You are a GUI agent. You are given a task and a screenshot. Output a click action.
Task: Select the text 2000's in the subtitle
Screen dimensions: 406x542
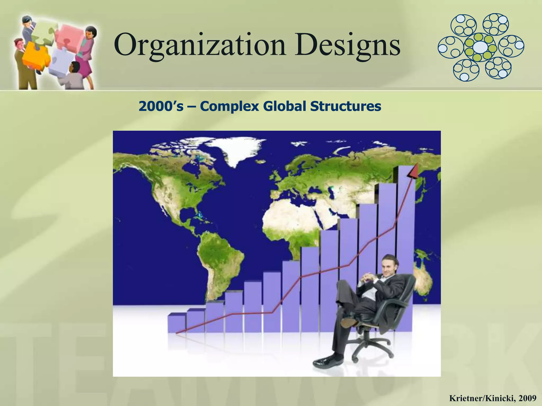coord(161,107)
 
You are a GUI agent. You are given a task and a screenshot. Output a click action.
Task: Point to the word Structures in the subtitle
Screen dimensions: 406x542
coord(346,107)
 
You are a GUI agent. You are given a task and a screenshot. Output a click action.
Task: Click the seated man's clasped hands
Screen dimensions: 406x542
coord(368,278)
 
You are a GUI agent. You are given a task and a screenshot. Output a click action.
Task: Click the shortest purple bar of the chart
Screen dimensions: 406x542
coord(177,323)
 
